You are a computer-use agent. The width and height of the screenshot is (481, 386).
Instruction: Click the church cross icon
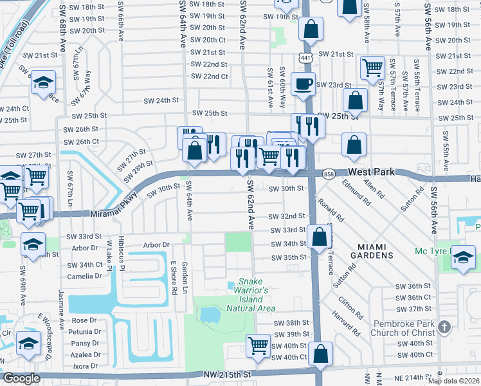pyautogui.click(x=443, y=328)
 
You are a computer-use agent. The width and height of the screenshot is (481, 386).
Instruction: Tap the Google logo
pyautogui.click(x=22, y=378)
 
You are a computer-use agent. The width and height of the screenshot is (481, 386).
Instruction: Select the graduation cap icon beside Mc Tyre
pyautogui.click(x=463, y=257)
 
